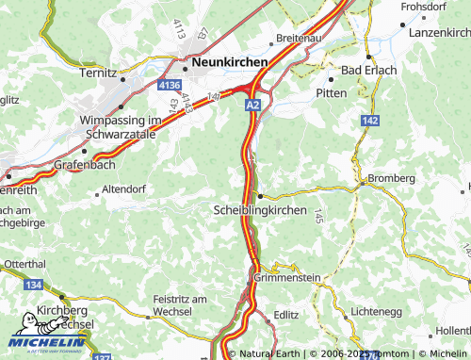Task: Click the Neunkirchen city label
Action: (229, 62)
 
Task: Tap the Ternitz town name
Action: (98, 73)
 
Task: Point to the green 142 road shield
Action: (370, 121)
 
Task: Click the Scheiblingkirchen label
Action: (260, 210)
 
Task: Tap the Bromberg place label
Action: (391, 178)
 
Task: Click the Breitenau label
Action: (299, 39)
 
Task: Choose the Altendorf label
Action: (125, 188)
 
